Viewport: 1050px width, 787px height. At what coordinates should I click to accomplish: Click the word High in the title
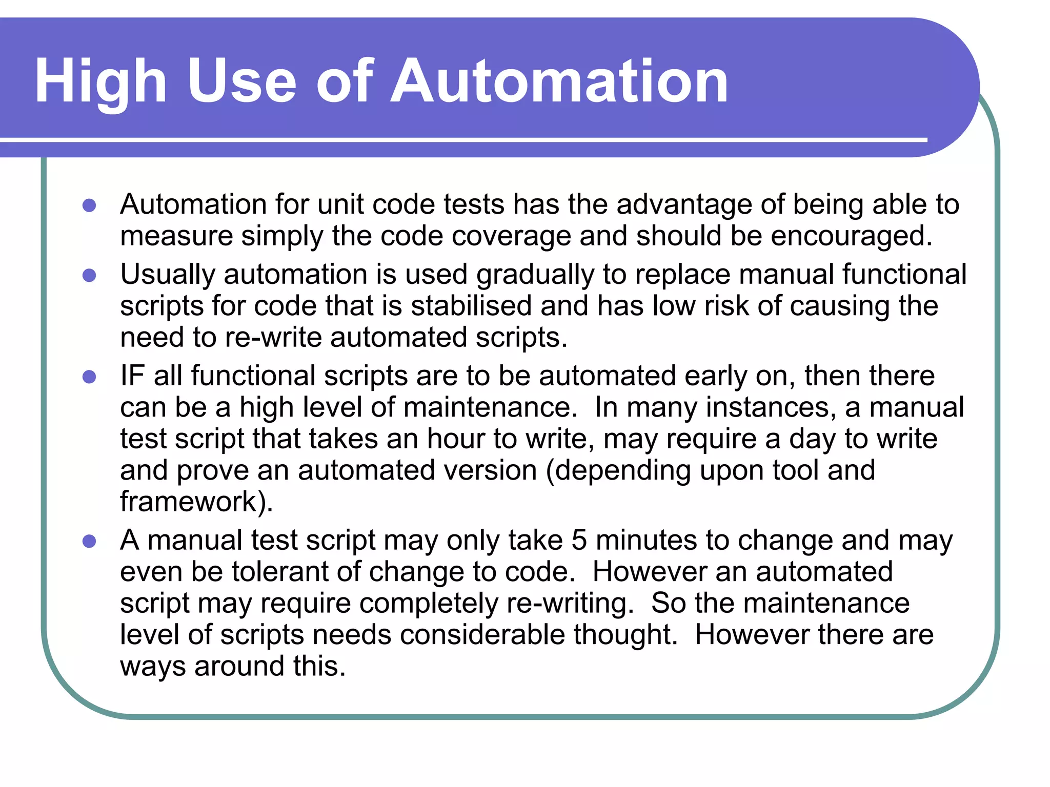(x=100, y=82)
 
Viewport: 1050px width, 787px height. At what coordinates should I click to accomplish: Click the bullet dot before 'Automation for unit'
(x=89, y=205)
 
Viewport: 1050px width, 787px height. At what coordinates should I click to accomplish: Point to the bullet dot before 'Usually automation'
(x=89, y=276)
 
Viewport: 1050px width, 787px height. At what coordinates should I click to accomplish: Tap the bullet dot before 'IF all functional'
(x=89, y=377)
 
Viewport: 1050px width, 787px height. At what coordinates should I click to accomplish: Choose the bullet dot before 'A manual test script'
(x=89, y=542)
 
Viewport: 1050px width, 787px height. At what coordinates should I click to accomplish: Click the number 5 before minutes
(x=579, y=541)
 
